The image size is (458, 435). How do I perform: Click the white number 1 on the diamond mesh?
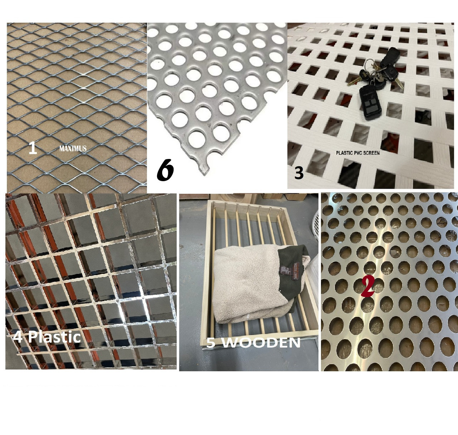coord(33,149)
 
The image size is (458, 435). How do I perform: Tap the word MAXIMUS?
coord(73,149)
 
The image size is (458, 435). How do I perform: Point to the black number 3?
coord(299,173)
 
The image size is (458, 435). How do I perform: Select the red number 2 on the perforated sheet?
coord(367,287)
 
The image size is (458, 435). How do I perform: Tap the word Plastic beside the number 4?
coord(54,337)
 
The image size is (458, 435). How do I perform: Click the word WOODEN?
coord(263,343)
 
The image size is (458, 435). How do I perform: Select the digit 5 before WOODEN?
coord(211,343)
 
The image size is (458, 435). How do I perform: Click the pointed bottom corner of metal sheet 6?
coord(205,173)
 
